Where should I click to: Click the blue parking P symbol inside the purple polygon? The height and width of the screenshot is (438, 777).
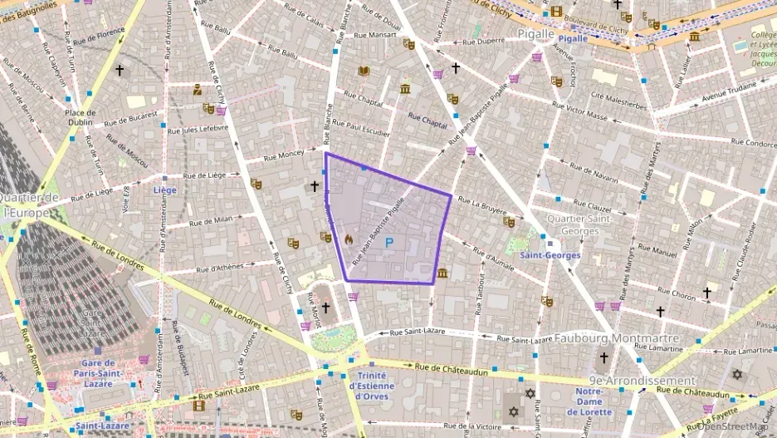388,244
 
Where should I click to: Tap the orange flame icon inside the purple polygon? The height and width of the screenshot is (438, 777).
349,239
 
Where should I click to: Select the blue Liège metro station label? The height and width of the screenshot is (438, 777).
165,189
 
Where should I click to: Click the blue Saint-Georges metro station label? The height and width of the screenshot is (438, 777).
550,255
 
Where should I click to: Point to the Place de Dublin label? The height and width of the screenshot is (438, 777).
81,117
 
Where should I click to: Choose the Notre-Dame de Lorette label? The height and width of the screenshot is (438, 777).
589,401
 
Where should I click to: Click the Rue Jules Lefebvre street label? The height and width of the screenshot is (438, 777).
198,129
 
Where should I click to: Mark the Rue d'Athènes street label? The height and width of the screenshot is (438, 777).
214,268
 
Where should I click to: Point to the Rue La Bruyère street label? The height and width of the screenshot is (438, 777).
481,204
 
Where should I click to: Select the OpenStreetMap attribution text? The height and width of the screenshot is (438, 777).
734,426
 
